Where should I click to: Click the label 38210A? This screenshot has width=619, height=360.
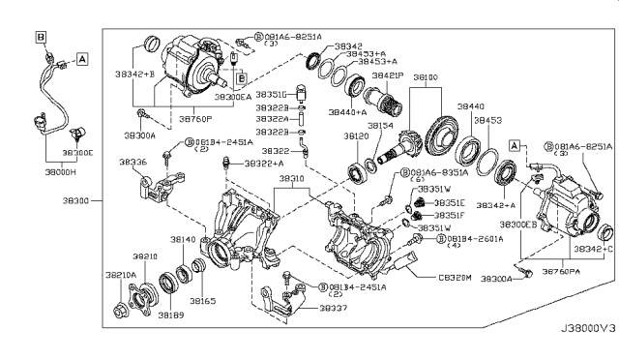(x=120, y=275)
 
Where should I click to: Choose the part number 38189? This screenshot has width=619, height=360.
(x=172, y=315)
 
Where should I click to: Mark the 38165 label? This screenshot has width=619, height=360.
(x=202, y=302)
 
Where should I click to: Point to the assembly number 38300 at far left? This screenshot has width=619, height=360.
(x=79, y=200)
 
